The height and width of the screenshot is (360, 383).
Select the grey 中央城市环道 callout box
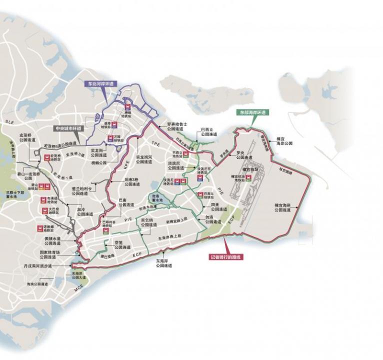coord(68,128)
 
